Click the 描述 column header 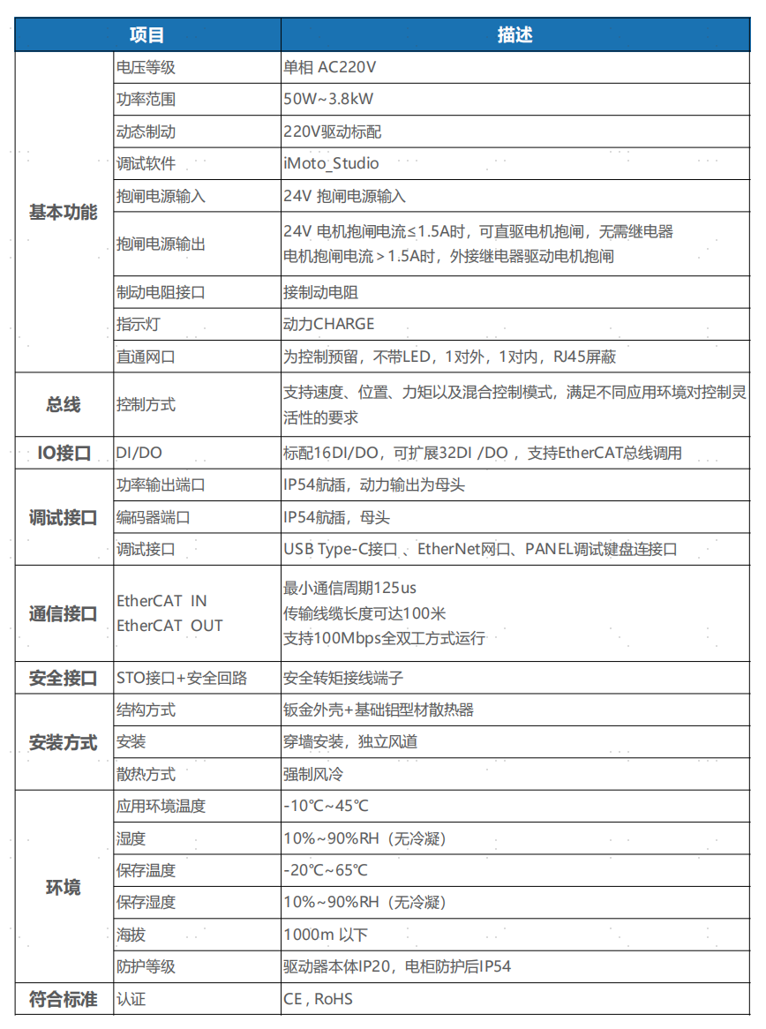(514, 35)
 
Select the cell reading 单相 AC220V (330, 67)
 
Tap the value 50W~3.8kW (329, 100)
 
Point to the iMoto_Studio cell (331, 163)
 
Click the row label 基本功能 (64, 213)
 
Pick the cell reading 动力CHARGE (329, 324)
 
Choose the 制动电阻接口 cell (161, 292)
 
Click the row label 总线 (64, 405)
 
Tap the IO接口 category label (64, 454)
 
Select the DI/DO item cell (139, 454)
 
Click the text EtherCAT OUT (170, 626)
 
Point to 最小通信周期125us (349, 588)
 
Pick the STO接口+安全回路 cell (182, 678)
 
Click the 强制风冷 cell (313, 774)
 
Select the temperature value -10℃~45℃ (327, 806)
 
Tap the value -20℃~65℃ (327, 870)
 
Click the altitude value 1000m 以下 (326, 935)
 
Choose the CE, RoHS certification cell (319, 999)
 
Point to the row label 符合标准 (64, 999)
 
